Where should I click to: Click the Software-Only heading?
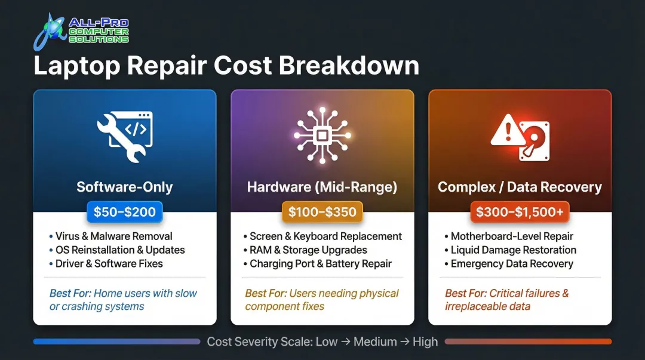tap(125, 187)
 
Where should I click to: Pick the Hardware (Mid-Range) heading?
tap(322, 187)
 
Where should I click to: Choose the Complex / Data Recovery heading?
tap(520, 187)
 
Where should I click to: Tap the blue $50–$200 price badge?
tap(125, 211)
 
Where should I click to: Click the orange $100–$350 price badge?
tap(322, 211)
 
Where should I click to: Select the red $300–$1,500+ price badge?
tap(520, 211)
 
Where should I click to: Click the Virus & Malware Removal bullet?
tap(113, 236)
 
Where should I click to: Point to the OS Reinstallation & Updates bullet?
tap(120, 250)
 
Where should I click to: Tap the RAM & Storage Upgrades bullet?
tap(308, 250)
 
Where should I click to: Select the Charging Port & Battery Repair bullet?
tap(321, 264)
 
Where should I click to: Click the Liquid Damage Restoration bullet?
tap(513, 250)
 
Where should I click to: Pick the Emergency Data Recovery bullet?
tap(512, 264)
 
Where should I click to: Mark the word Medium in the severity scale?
tap(375, 342)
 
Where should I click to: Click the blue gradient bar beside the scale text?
tap(116, 342)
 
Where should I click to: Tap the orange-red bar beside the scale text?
tap(528, 342)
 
